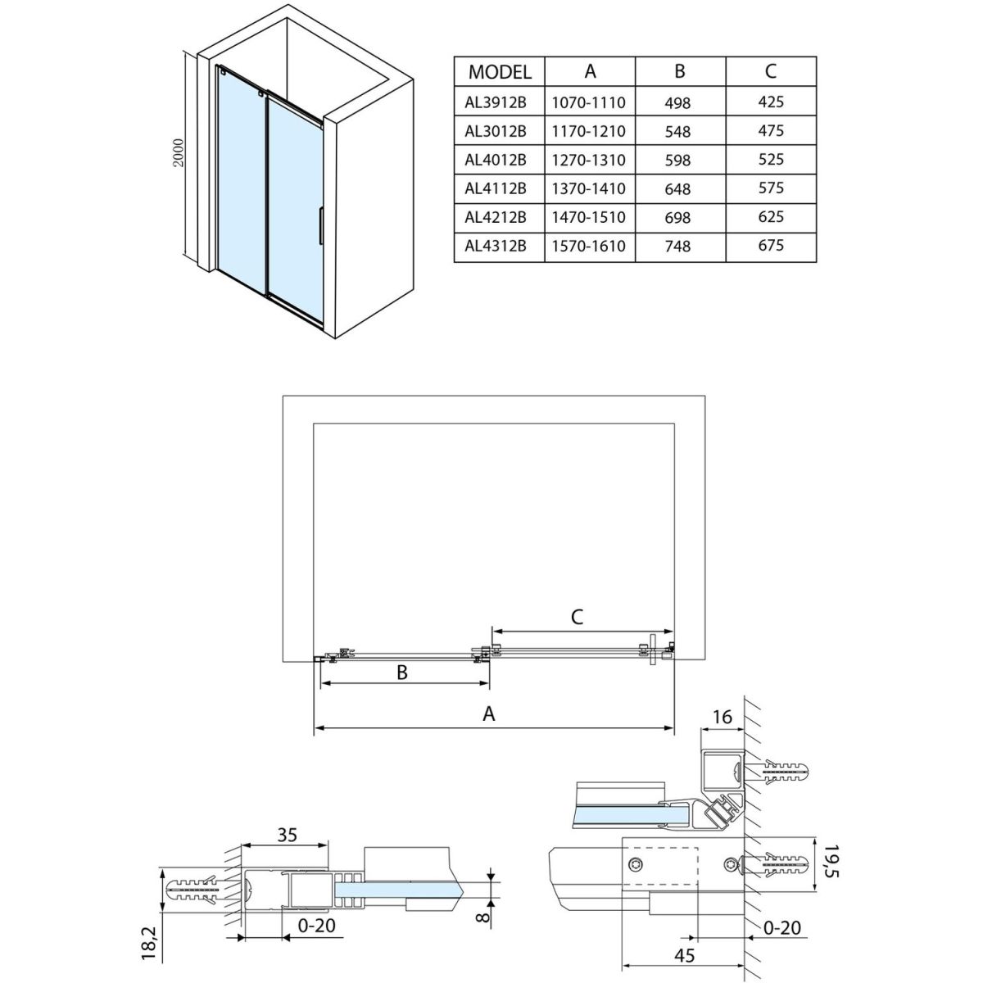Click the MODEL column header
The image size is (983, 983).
tap(500, 72)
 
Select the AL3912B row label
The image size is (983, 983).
tap(495, 102)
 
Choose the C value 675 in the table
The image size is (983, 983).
tap(771, 245)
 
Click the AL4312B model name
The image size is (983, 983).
tap(495, 245)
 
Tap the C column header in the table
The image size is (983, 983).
tap(771, 71)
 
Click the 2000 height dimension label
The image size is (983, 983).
tap(179, 152)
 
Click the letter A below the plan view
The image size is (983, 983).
tap(489, 713)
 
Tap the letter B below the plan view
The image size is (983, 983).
tap(402, 673)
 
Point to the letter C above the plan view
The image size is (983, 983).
tap(577, 617)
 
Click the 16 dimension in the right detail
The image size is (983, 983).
tap(722, 718)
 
